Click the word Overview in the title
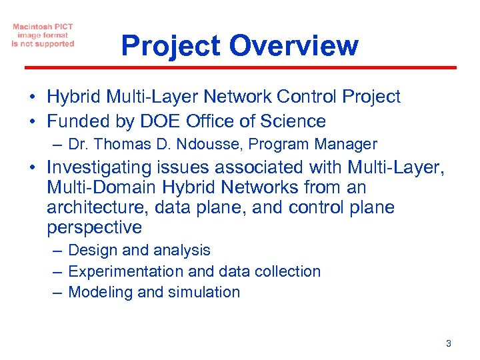tap(294, 46)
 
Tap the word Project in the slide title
tap(171, 46)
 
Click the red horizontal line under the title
tap(240, 67)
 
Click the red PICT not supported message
tap(43, 35)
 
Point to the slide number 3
tap(448, 343)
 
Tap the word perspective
tap(94, 227)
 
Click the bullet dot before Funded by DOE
tap(33, 122)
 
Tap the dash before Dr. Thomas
tap(58, 144)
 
